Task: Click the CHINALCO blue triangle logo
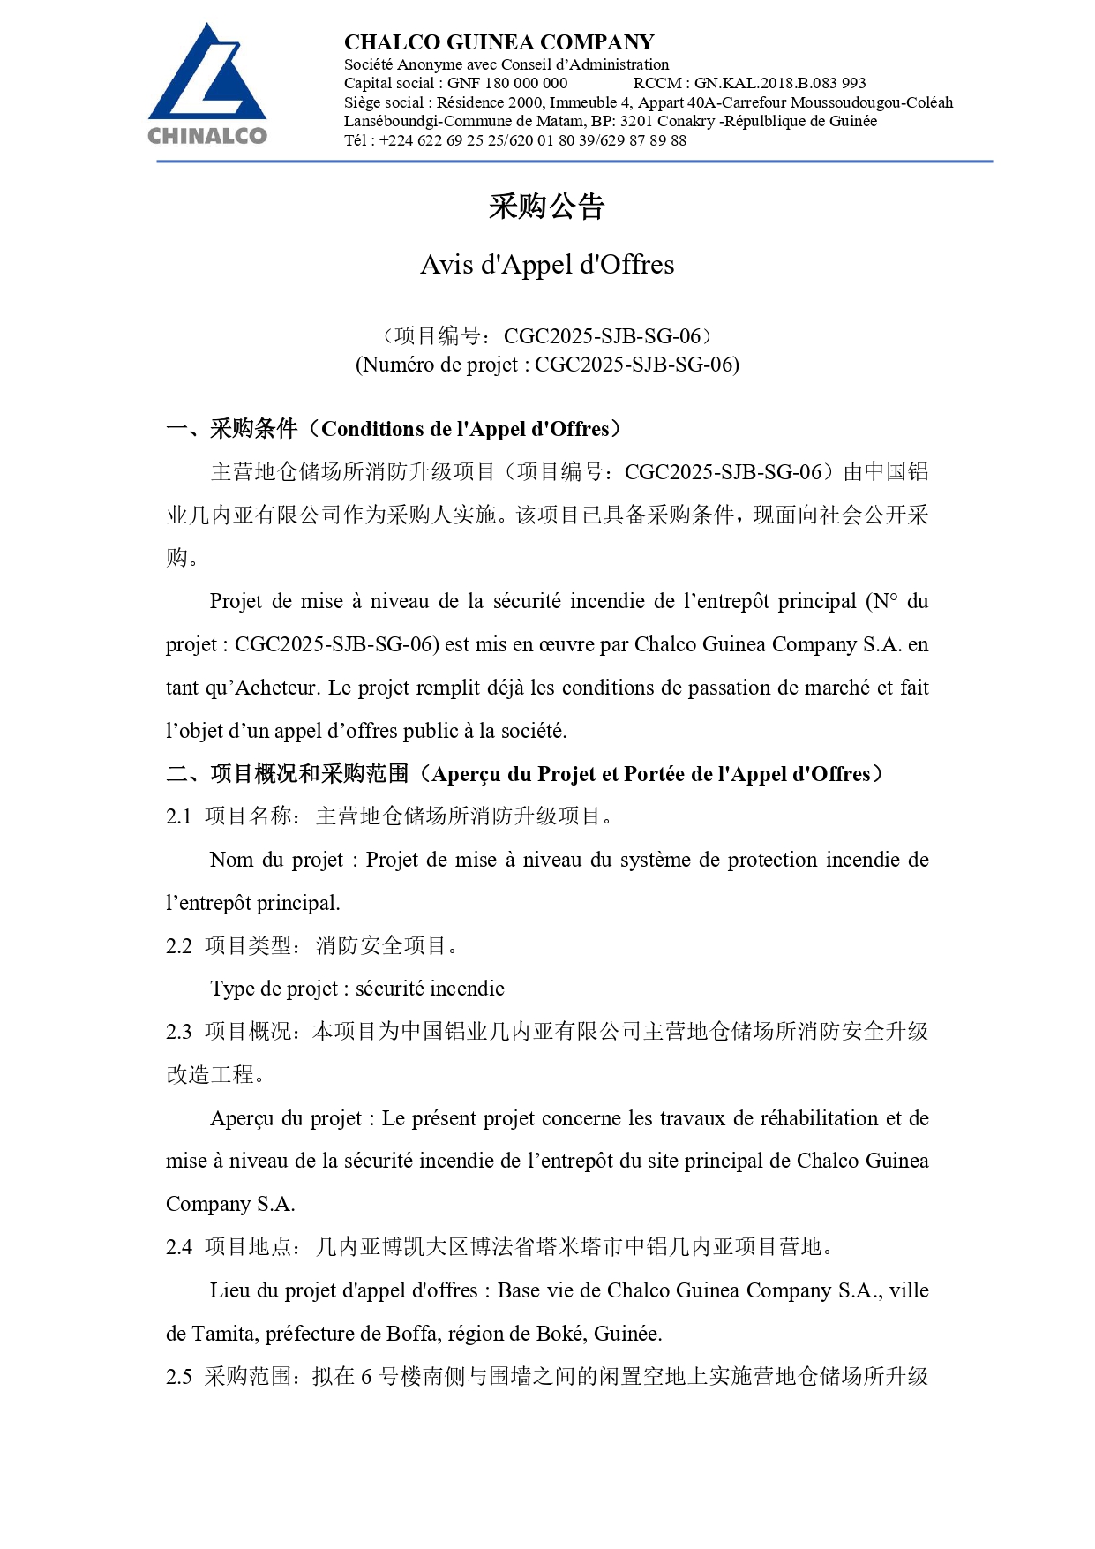[207, 75]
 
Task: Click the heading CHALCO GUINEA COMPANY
[499, 42]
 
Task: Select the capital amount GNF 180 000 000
[507, 83]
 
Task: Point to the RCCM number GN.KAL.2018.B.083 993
[780, 83]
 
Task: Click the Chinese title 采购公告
[547, 207]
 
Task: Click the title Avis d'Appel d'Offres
[547, 265]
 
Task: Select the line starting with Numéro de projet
[547, 365]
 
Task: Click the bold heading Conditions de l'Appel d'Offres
[465, 429]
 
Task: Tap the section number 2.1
[178, 816]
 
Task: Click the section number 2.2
[178, 946]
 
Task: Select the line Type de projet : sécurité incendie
[357, 989]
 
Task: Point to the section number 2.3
[178, 1032]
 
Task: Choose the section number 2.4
[178, 1247]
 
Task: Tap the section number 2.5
[178, 1377]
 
